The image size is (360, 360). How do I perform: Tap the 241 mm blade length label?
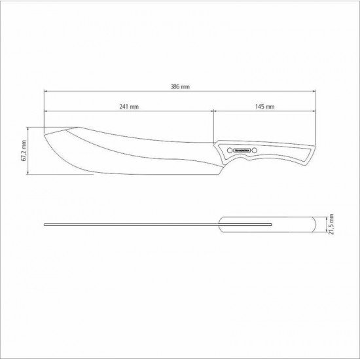click(x=128, y=106)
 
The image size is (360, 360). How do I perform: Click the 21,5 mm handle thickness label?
click(x=332, y=226)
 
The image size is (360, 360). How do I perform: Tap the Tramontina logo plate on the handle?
click(x=242, y=150)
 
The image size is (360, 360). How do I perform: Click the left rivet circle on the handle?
click(x=228, y=150)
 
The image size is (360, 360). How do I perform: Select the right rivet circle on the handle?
click(x=257, y=150)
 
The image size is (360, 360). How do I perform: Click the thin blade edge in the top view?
click(x=131, y=225)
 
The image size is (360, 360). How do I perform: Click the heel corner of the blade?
click(x=211, y=164)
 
